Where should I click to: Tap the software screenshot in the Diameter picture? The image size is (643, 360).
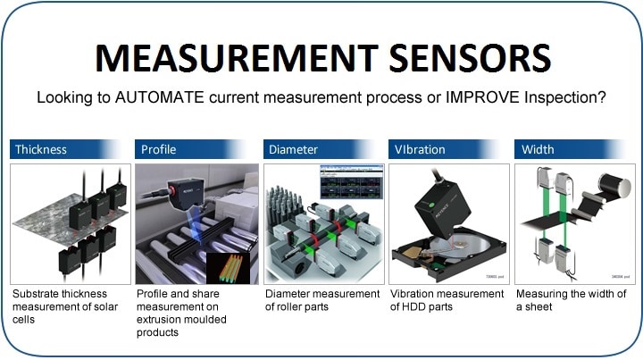[352, 183]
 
